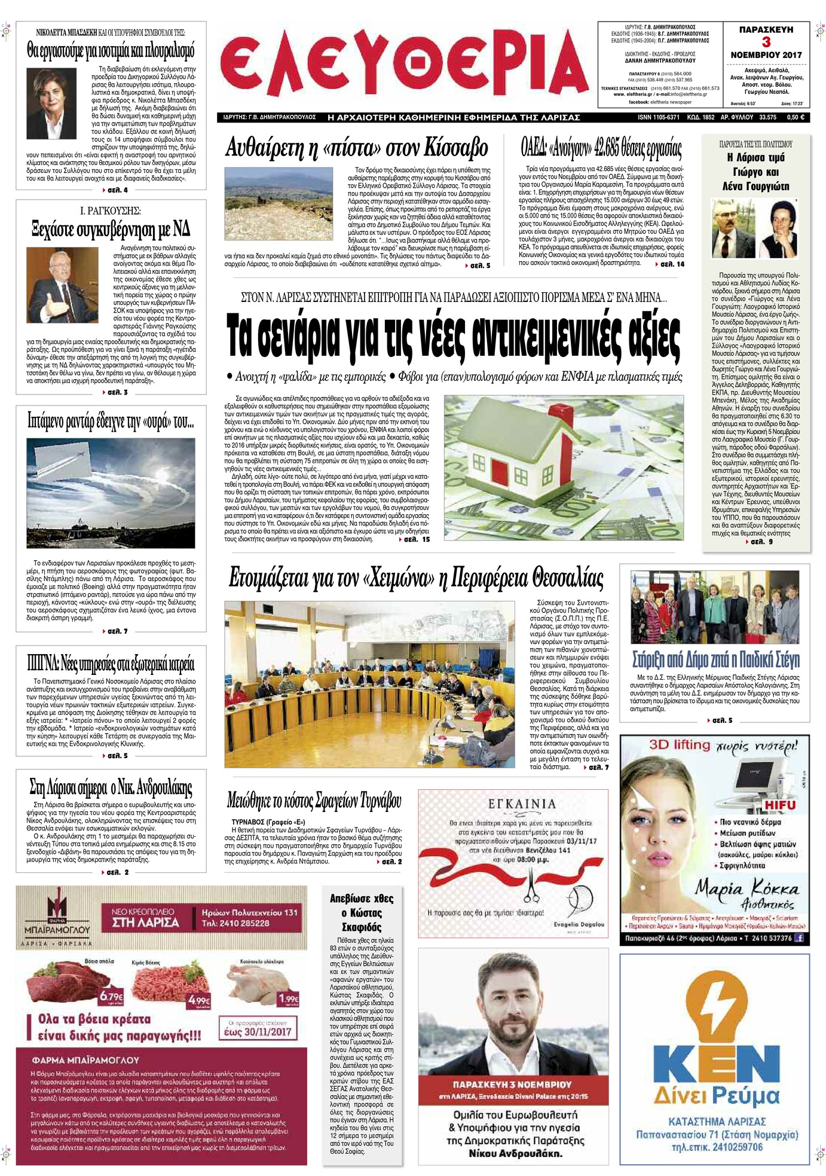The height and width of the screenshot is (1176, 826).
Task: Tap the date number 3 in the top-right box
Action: click(766, 42)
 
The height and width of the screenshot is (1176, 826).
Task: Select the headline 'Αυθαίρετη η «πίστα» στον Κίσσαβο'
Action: click(357, 148)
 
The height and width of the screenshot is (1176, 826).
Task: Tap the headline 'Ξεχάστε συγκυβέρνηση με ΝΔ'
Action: click(111, 229)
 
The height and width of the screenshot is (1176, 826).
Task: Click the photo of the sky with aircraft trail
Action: click(111, 493)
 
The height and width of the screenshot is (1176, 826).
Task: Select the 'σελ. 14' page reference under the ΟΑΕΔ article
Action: click(672, 264)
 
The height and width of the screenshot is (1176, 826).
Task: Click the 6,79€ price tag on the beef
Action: click(111, 996)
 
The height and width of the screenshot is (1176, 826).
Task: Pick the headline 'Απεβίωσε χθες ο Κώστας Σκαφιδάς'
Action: click(362, 912)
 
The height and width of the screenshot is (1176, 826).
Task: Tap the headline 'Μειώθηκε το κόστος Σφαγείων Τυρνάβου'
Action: click(314, 801)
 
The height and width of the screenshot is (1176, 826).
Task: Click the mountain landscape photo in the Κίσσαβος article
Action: click(282, 204)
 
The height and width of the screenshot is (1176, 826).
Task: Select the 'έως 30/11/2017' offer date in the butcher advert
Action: click(258, 1031)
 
